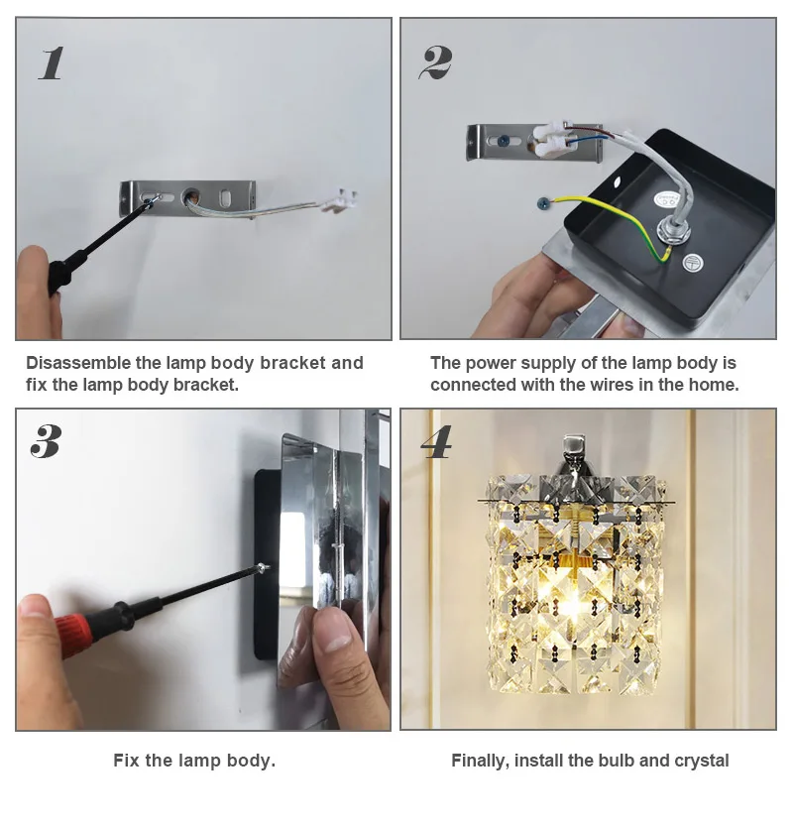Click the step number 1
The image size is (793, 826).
coord(52,62)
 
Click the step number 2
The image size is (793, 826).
coord(435,62)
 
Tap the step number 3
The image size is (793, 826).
coord(46,441)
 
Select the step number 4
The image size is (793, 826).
coord(436,441)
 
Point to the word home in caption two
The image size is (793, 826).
coord(714,385)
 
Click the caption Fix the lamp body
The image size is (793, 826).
coord(194,761)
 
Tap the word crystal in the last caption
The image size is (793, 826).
coord(699,761)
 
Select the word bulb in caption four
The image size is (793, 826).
coord(615,761)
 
